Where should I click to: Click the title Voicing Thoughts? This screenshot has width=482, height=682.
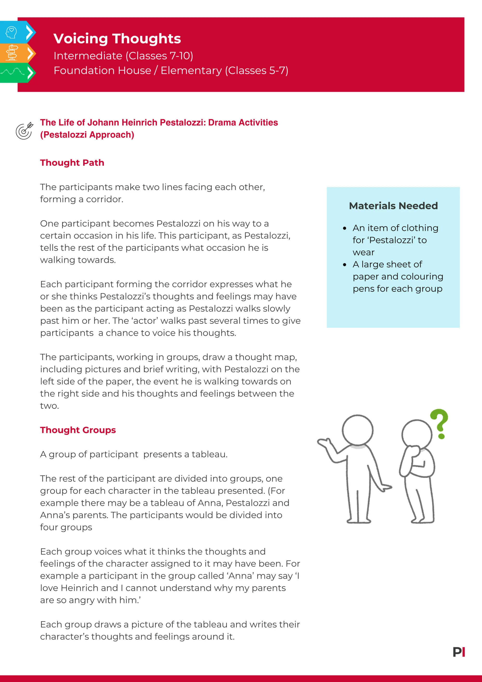[x=117, y=39]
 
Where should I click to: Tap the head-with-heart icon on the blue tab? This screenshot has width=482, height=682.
[x=11, y=32]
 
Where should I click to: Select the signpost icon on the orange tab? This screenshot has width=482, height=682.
[x=12, y=53]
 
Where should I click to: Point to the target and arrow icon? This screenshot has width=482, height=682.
[x=24, y=131]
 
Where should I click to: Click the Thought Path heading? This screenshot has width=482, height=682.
[x=72, y=163]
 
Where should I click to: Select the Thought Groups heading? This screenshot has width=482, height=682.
[x=78, y=430]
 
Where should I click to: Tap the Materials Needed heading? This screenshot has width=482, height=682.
[x=393, y=206]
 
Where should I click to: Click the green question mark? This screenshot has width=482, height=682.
[x=440, y=423]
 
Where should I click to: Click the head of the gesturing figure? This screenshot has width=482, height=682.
[x=358, y=430]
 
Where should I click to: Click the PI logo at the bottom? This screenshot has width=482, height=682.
[x=459, y=652]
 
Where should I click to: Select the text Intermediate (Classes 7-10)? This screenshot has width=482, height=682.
[x=123, y=56]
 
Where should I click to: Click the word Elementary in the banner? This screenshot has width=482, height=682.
[x=191, y=71]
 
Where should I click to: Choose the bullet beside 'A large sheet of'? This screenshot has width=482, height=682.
[x=344, y=265]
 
